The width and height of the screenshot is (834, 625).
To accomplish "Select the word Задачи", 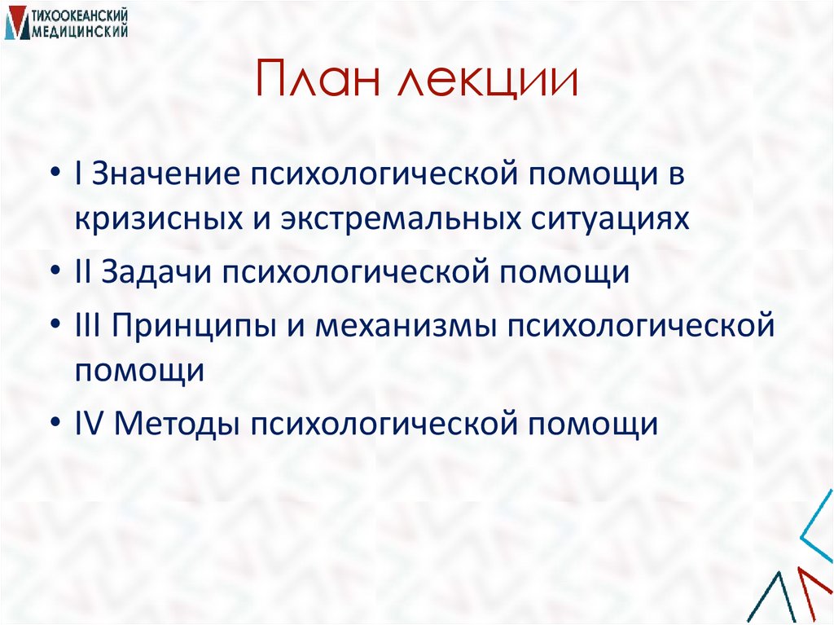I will [150, 272].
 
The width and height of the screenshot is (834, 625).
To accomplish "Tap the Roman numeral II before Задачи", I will [83, 272].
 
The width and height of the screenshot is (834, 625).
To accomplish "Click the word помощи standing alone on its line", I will [139, 370].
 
